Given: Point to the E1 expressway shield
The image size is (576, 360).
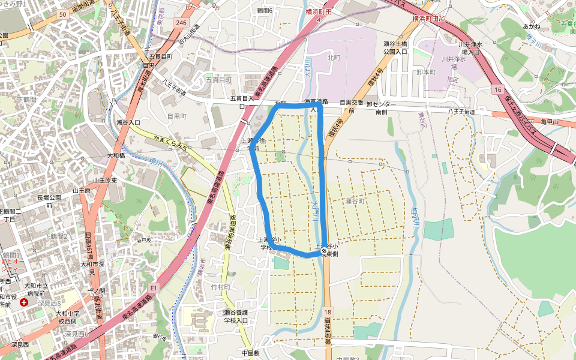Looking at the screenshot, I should [x=154, y=289].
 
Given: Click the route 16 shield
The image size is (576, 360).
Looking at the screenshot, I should [x=497, y=89].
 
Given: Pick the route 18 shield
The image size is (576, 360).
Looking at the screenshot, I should [x=327, y=313].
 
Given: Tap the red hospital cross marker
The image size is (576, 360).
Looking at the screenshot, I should [x=24, y=302].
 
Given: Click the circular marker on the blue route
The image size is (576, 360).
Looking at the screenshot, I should [x=324, y=250].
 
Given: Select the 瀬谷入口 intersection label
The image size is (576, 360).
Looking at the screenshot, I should [x=128, y=122].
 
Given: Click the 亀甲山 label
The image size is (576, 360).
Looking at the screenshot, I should [x=549, y=122].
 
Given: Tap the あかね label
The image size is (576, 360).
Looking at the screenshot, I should [x=532, y=26].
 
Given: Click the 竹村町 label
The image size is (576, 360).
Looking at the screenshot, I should [x=220, y=287].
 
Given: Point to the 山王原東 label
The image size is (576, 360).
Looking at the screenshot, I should [x=104, y=180].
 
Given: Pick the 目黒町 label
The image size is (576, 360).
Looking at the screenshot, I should [x=176, y=116].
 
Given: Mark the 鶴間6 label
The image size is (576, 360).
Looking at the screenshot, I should [x=264, y=10].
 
